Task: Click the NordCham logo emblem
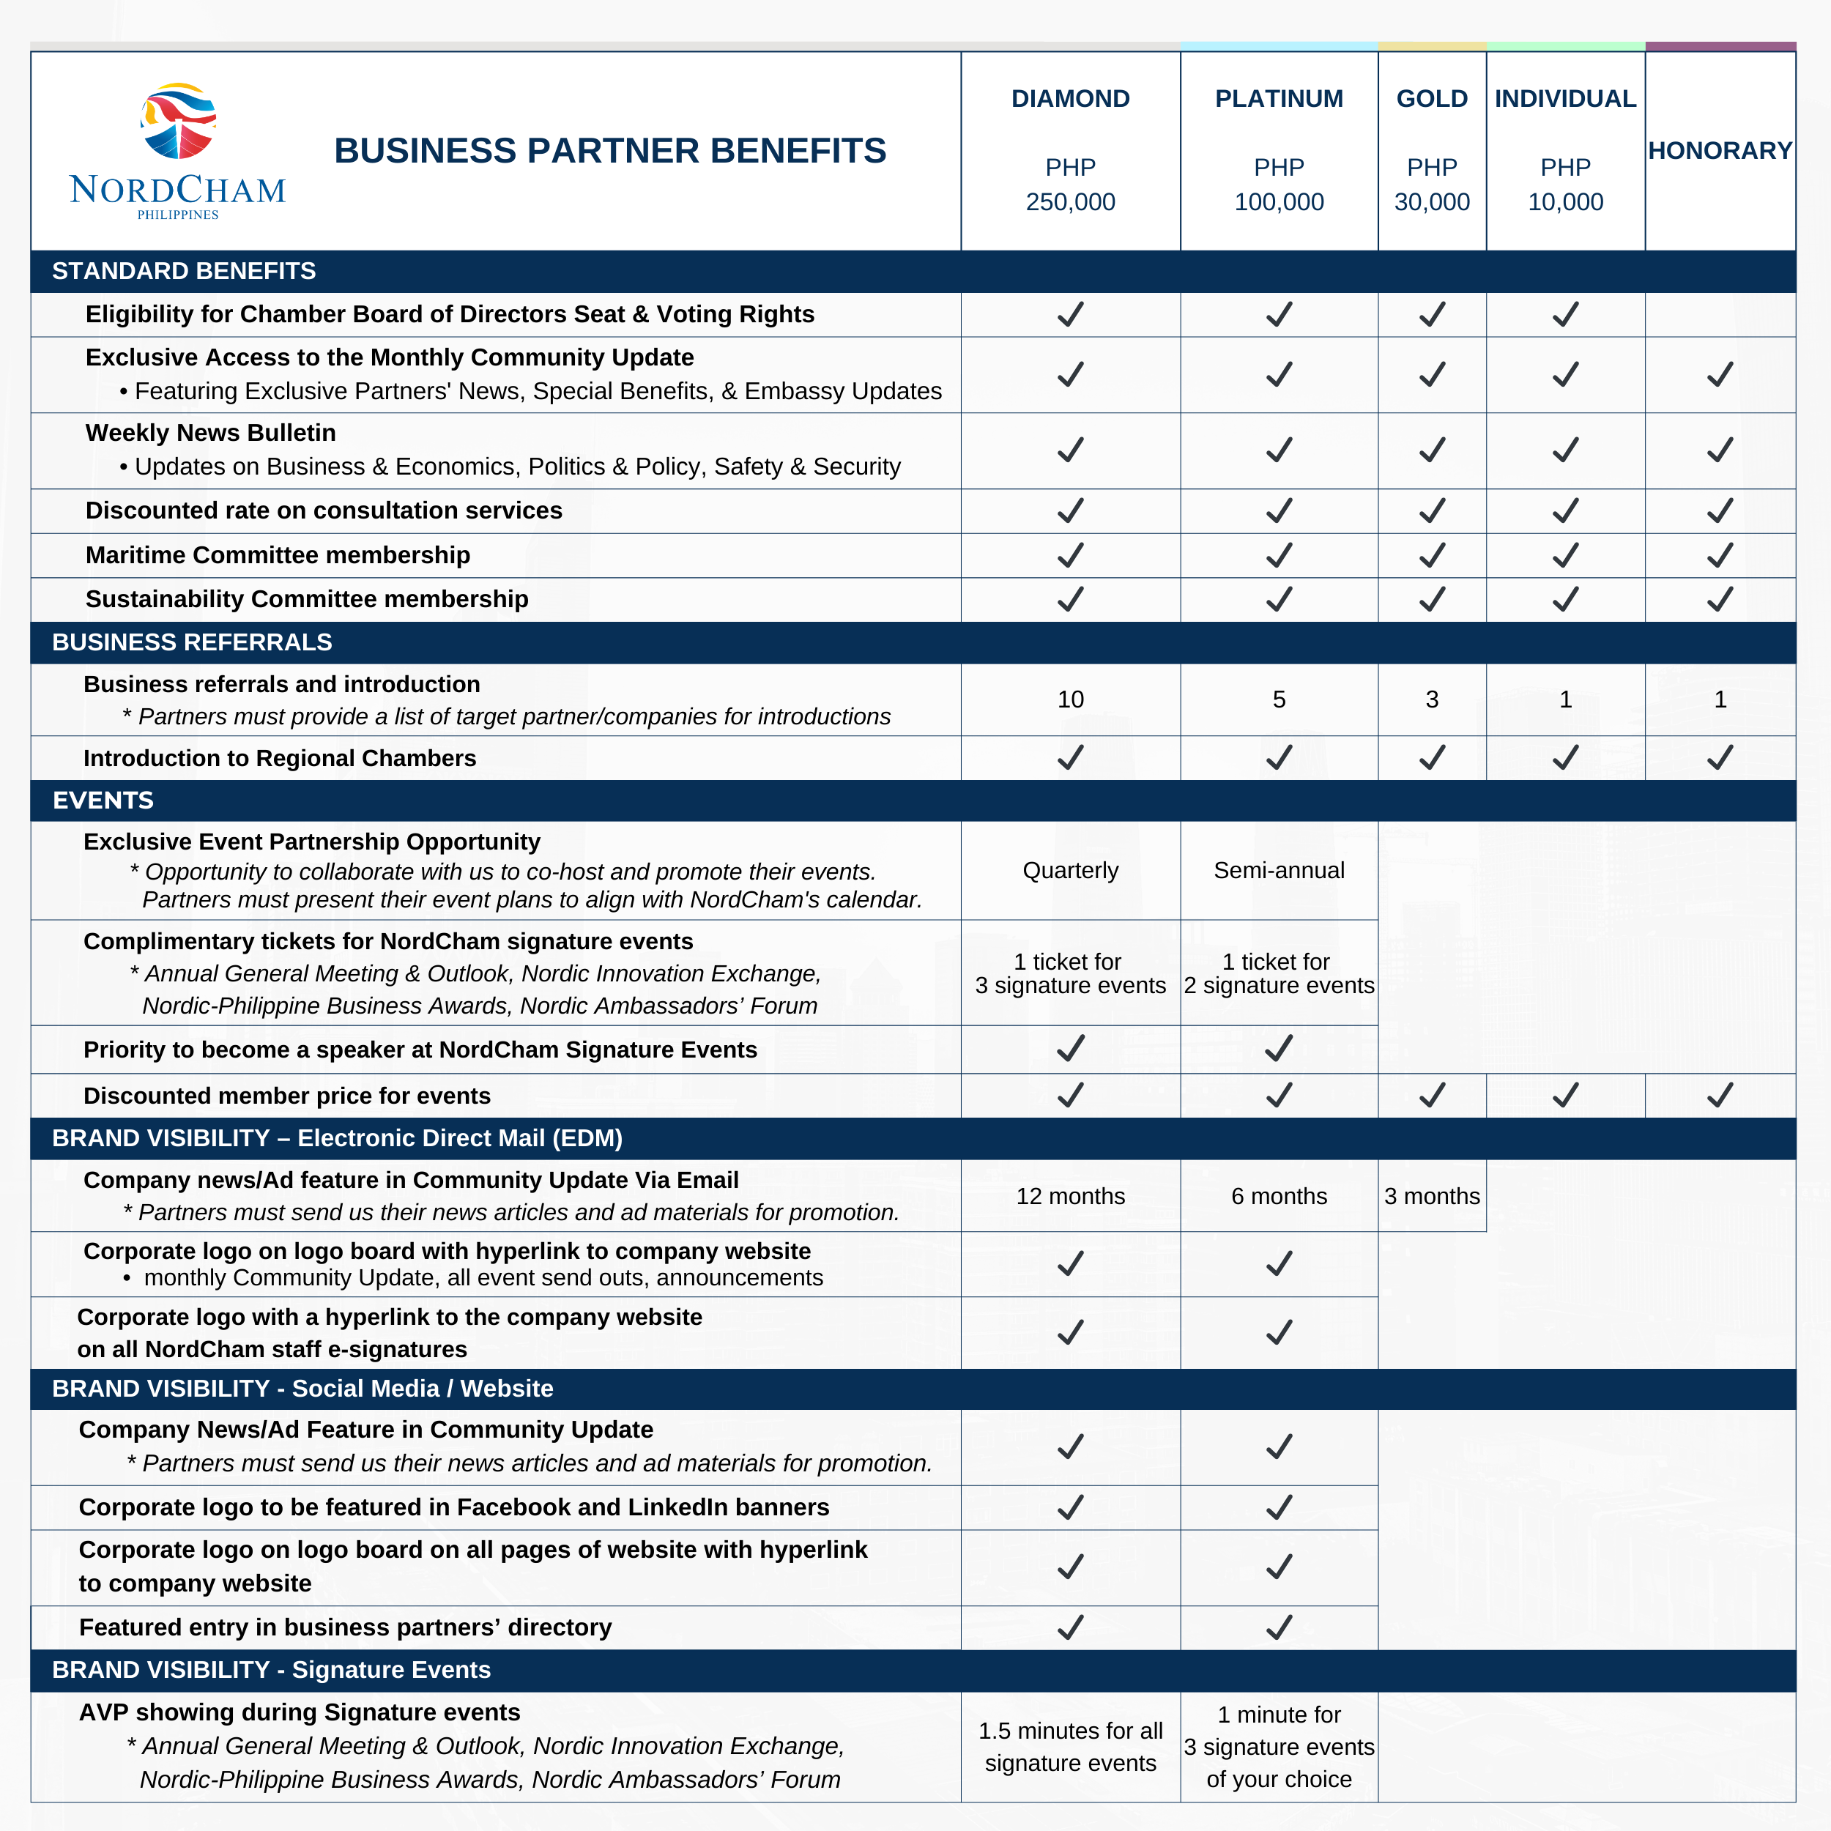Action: [x=178, y=120]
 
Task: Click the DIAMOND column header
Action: [x=1070, y=99]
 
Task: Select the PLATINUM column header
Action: [x=1279, y=99]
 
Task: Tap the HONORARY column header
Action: [x=1719, y=151]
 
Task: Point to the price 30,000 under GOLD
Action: [x=1431, y=202]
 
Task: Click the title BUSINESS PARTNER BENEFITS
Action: [x=609, y=151]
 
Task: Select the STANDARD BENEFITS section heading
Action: [x=184, y=271]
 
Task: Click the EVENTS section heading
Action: [x=103, y=800]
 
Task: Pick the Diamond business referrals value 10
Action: [x=1070, y=699]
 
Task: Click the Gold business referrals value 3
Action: [x=1431, y=699]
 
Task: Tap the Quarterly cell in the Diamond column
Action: [x=1070, y=870]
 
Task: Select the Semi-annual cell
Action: [x=1279, y=870]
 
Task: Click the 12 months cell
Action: [x=1070, y=1196]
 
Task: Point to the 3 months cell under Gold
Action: [x=1431, y=1196]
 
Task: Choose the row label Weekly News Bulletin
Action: [x=210, y=433]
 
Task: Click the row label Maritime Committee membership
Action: [x=278, y=555]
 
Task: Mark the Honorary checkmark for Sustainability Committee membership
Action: [x=1719, y=599]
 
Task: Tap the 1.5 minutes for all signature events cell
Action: [x=1070, y=1747]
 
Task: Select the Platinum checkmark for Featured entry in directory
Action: [x=1279, y=1627]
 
